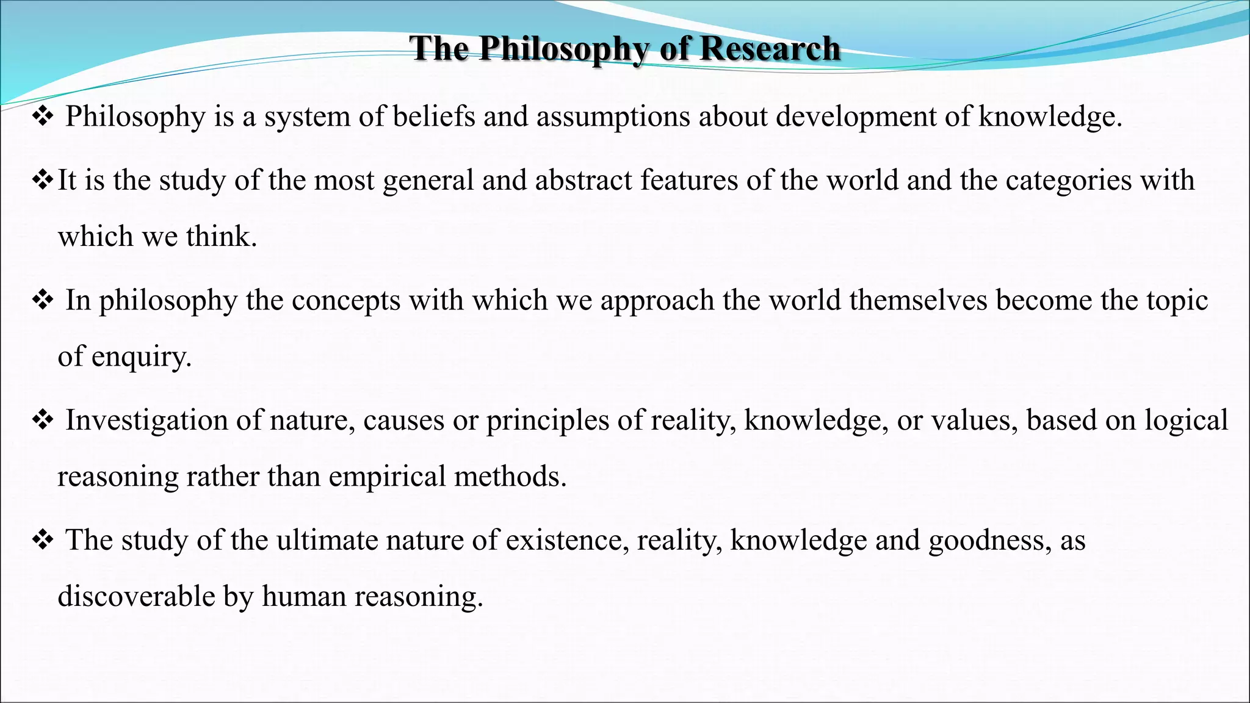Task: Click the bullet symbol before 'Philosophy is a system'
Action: (43, 117)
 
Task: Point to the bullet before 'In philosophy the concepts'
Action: (43, 300)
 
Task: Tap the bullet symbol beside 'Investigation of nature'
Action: (43, 420)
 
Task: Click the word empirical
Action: (387, 477)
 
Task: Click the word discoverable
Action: (136, 596)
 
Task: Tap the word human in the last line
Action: (304, 596)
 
